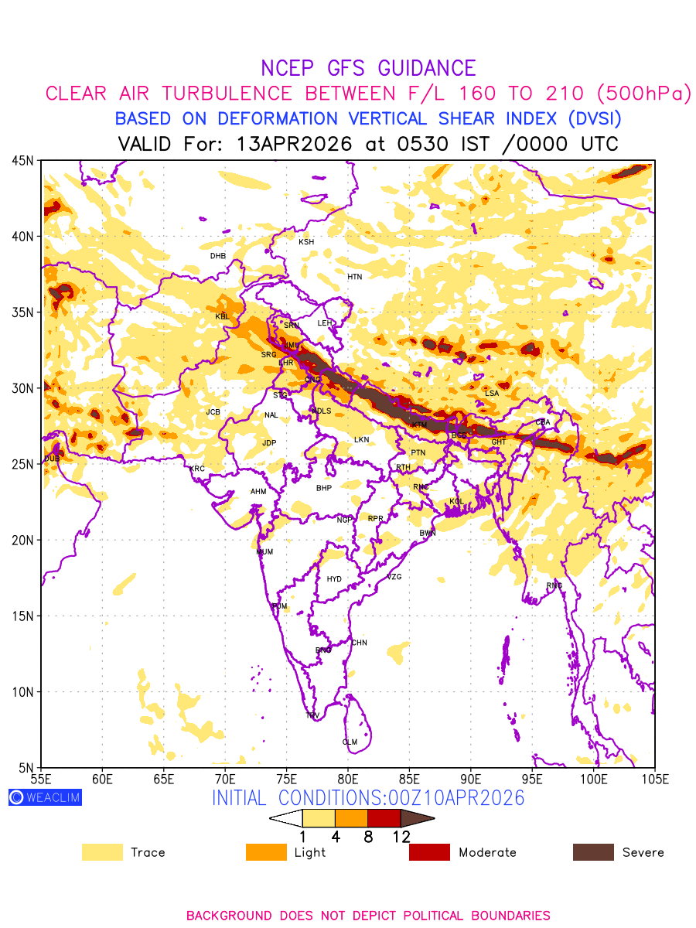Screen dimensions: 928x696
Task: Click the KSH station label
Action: pyautogui.click(x=306, y=242)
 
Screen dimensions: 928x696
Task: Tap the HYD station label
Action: pyautogui.click(x=334, y=579)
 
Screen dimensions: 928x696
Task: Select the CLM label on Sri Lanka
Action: pyautogui.click(x=350, y=742)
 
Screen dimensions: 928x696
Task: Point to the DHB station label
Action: pyautogui.click(x=218, y=256)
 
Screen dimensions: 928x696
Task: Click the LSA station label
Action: pyautogui.click(x=492, y=394)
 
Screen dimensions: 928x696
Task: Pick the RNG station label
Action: pyautogui.click(x=554, y=585)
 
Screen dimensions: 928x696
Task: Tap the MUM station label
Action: pyautogui.click(x=264, y=552)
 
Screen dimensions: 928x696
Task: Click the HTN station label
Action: pyautogui.click(x=354, y=277)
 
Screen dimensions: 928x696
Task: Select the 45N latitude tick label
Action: pyautogui.click(x=22, y=161)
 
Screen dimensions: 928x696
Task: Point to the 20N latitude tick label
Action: pyautogui.click(x=22, y=541)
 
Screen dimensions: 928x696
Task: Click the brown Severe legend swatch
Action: pyautogui.click(x=593, y=852)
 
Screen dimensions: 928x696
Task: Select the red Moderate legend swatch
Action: pyautogui.click(x=429, y=852)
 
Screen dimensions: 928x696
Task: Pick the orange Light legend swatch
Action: pyautogui.click(x=266, y=852)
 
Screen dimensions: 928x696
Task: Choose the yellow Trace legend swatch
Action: pyautogui.click(x=102, y=852)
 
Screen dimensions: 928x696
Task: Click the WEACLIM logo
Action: pyautogui.click(x=45, y=797)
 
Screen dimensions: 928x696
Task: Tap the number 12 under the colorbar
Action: pyautogui.click(x=401, y=836)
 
